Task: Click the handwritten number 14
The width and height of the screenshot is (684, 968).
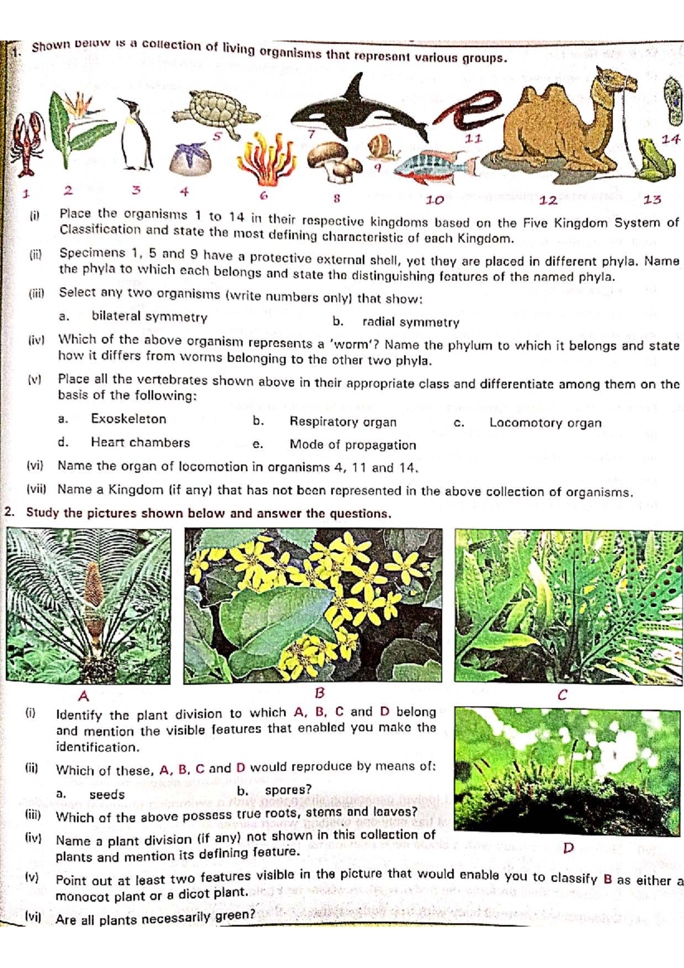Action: tap(670, 139)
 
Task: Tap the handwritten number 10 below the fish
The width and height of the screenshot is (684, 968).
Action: tap(434, 200)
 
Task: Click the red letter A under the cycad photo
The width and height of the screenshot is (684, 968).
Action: tap(84, 696)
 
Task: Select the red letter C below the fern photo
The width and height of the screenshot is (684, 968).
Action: tap(562, 695)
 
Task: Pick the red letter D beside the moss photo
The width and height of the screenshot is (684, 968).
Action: tap(568, 848)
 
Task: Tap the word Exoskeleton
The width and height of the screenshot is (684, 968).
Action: tap(128, 419)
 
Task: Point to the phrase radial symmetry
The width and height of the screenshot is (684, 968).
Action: tap(410, 322)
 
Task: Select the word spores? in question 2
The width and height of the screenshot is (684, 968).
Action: tap(288, 790)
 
